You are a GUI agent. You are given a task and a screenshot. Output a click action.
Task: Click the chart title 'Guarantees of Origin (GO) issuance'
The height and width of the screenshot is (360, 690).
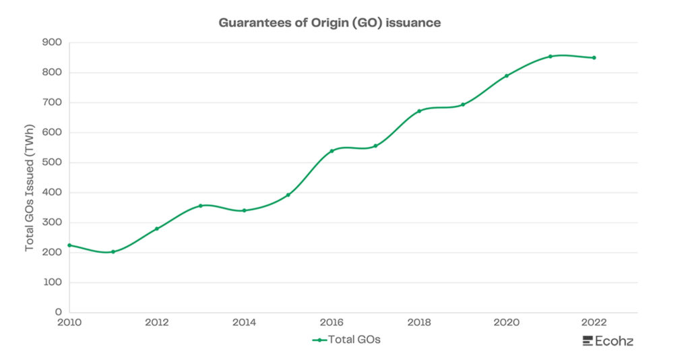point(330,23)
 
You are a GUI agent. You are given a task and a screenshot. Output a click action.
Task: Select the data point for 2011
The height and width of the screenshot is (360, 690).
point(113,252)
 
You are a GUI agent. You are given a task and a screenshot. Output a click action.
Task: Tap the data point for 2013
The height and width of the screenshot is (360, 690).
point(200,206)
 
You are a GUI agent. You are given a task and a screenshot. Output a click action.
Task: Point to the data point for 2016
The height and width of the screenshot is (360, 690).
point(332,151)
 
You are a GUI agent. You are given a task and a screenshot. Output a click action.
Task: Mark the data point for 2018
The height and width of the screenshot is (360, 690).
point(419,111)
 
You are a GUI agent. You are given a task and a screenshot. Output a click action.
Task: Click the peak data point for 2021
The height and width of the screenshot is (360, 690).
point(550,57)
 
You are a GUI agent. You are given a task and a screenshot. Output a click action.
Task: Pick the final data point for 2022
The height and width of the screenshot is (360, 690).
point(594,58)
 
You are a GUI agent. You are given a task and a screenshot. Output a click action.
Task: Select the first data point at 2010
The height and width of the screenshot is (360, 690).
point(69,245)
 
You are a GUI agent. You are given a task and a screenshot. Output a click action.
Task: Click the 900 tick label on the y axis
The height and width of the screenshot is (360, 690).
point(52,42)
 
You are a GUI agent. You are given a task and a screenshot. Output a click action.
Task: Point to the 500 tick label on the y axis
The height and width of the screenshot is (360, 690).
point(52,162)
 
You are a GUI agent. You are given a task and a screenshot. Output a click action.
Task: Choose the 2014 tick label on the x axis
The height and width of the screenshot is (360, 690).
point(244,323)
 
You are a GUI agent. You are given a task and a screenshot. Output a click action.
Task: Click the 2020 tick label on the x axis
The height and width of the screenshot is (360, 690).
point(506,323)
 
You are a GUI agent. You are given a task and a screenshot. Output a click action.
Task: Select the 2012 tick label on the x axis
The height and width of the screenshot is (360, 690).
point(156,323)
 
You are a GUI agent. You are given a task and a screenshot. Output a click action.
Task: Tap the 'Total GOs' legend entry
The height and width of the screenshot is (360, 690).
point(347,340)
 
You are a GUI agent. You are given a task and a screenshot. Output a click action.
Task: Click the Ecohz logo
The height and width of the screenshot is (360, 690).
point(608,341)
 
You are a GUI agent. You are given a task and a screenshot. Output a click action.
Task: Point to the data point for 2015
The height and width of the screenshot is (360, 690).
point(288,195)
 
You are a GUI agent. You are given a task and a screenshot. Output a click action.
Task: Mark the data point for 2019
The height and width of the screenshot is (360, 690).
point(463,104)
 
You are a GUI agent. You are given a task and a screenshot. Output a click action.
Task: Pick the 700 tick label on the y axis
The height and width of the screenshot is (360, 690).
point(52,102)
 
